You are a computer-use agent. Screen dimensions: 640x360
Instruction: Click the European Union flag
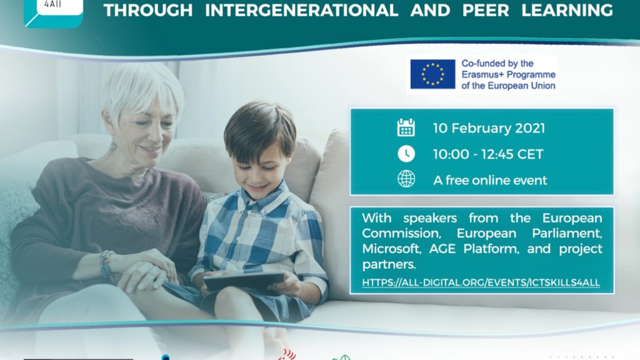click(432, 74)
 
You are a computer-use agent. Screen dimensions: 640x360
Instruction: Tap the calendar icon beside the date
click(406, 127)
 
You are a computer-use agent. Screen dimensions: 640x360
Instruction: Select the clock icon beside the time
click(406, 153)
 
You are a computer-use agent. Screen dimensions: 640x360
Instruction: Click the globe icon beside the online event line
click(406, 179)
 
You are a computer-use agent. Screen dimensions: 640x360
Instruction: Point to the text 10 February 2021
click(489, 128)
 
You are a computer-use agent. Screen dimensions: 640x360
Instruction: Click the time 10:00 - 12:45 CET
click(488, 154)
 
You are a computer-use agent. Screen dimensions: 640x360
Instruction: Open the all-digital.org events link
click(481, 282)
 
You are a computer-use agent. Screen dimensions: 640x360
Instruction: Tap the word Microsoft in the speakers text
click(391, 249)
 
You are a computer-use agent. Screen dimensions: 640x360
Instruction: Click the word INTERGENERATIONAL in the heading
click(301, 10)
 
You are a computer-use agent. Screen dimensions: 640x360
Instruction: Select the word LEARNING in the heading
click(567, 10)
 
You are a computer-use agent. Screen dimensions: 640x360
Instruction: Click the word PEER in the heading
click(485, 10)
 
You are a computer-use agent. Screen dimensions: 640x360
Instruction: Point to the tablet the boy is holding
click(244, 281)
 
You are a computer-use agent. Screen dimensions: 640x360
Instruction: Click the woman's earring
click(113, 146)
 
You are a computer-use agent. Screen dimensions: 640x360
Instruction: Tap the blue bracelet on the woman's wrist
click(105, 263)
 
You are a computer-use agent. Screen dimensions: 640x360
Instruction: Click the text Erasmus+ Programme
click(508, 74)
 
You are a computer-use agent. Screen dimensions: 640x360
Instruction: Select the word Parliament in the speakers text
click(567, 233)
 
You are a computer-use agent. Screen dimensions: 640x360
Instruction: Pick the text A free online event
click(490, 180)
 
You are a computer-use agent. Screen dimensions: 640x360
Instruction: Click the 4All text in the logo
click(53, 4)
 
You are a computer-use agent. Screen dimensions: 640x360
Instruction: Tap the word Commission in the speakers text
click(401, 233)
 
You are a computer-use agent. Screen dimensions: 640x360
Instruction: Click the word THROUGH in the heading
click(148, 10)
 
